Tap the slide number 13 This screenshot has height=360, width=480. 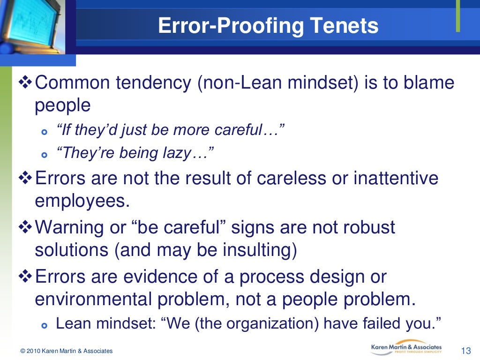(465, 351)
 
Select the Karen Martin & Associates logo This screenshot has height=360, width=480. (406, 347)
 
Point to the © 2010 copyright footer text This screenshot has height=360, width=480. (66, 351)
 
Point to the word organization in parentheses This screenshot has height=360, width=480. (278, 323)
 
